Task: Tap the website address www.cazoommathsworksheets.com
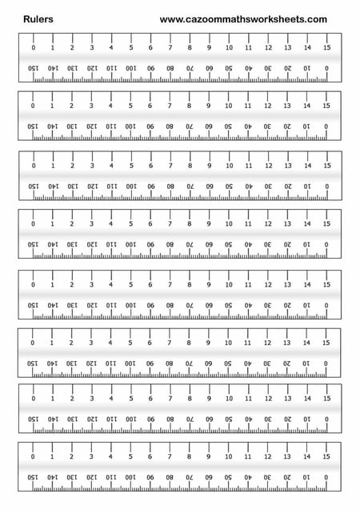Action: coord(243,19)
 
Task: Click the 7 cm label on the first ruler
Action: coord(170,48)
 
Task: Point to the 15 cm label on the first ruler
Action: coord(326,48)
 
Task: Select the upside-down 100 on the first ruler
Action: coord(130,69)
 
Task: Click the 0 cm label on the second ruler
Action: coord(33,106)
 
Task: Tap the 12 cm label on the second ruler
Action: coord(268,106)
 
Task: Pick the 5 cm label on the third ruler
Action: coord(130,166)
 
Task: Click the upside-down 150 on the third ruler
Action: coord(33,187)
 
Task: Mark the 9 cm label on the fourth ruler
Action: coord(209,225)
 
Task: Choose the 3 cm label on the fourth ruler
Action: coord(91,225)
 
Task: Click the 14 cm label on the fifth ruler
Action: coord(307,284)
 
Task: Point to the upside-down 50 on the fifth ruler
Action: coord(229,305)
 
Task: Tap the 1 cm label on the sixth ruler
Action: coord(52,343)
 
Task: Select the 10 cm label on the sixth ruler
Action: coord(229,343)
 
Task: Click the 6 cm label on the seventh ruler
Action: coord(150,399)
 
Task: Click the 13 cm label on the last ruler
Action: coord(287,456)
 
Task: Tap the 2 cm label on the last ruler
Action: coord(72,456)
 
